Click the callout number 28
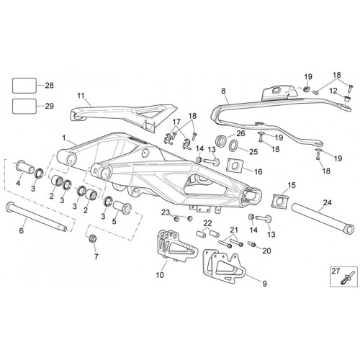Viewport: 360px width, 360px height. (x=50, y=86)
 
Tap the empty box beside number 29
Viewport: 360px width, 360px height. (x=24, y=106)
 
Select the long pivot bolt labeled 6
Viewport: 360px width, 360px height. (x=36, y=217)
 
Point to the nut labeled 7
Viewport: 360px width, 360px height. (x=93, y=239)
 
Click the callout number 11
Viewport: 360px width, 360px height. (x=81, y=96)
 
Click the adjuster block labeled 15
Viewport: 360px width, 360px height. (x=279, y=200)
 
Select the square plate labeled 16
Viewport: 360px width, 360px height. (x=235, y=166)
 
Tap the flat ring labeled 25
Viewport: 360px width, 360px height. (x=233, y=145)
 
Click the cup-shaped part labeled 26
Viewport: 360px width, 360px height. (x=221, y=141)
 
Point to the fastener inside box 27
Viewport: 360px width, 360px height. (x=346, y=279)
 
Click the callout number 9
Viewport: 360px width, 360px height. (x=264, y=284)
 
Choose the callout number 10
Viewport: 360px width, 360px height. (x=160, y=275)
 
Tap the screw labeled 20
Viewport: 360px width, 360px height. (x=252, y=244)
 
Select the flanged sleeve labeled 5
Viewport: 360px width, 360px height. (x=122, y=207)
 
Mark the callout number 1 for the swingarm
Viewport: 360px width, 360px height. (x=64, y=138)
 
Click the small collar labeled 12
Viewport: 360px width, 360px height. (x=346, y=99)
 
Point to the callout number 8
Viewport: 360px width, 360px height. (x=223, y=91)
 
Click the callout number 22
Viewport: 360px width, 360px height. (x=208, y=223)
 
